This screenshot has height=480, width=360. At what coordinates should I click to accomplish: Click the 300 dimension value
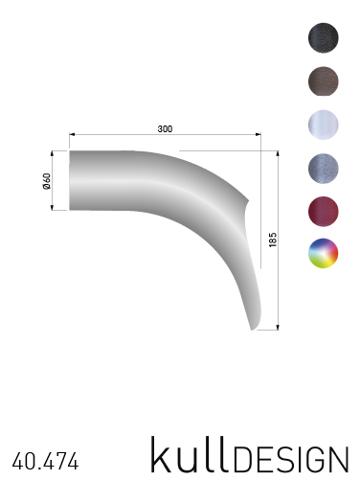click(165, 128)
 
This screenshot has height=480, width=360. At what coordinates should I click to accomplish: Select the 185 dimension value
click(273, 240)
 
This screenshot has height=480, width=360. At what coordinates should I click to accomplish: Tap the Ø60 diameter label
click(47, 181)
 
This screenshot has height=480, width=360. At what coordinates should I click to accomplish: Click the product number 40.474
click(45, 462)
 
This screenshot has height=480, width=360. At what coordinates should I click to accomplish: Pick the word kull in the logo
click(191, 454)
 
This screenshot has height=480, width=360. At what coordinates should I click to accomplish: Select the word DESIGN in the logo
click(291, 460)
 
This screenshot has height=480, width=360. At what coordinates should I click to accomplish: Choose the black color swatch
click(324, 37)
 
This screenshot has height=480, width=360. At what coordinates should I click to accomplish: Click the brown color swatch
click(324, 81)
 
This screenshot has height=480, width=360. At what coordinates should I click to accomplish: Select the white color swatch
click(324, 125)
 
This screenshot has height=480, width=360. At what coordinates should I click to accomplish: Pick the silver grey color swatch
click(324, 168)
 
